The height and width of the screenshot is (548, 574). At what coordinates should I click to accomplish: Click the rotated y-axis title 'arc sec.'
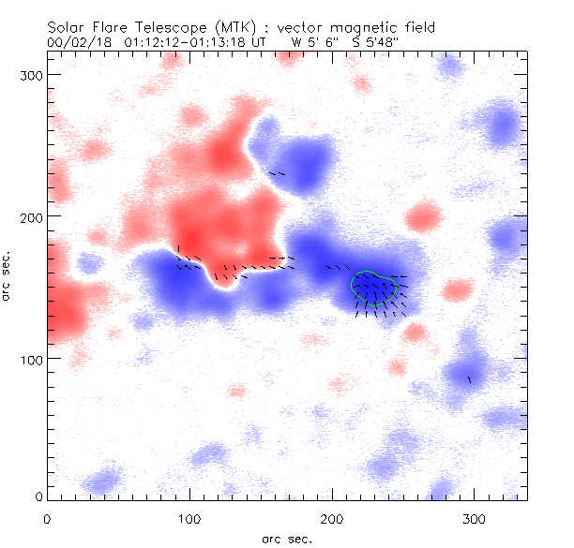point(7,276)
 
